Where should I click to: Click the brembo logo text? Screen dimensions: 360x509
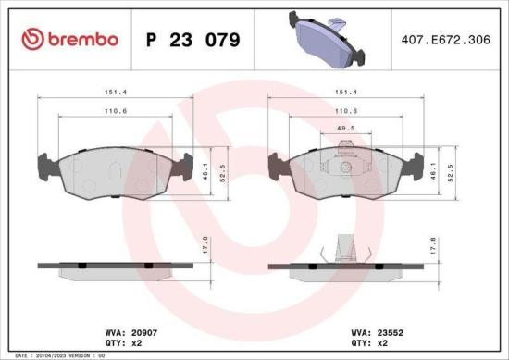70,39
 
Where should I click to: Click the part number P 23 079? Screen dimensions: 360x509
194,40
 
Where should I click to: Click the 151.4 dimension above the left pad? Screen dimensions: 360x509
115,93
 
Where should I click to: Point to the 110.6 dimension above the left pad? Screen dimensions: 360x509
115,111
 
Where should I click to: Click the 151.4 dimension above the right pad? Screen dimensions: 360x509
346,93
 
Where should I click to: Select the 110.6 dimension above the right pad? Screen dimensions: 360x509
346,111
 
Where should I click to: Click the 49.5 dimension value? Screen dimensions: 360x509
346,129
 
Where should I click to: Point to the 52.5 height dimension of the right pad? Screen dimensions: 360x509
451,171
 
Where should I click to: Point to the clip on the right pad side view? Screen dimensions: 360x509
343,247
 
